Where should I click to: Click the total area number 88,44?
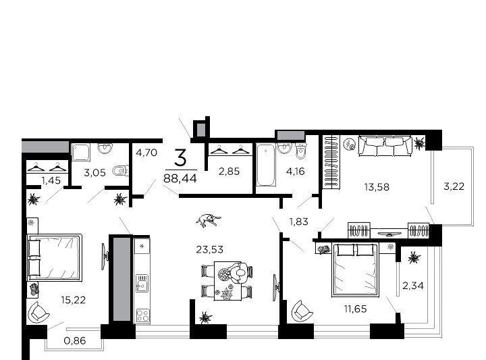(x=180, y=178)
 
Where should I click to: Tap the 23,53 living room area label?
(x=209, y=249)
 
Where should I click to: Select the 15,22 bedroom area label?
(x=73, y=300)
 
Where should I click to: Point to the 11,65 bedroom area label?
(x=355, y=309)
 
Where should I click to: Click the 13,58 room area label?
(x=377, y=187)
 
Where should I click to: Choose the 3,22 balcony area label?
(x=454, y=186)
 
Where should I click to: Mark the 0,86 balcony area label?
(x=75, y=341)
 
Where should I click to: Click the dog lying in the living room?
(x=209, y=220)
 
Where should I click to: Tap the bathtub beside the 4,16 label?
(x=266, y=165)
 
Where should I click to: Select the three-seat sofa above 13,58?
(x=385, y=146)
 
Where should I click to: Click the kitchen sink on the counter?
(x=142, y=283)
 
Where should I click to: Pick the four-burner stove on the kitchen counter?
(x=142, y=315)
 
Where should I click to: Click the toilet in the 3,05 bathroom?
(x=120, y=170)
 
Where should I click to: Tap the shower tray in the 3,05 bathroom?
(x=81, y=153)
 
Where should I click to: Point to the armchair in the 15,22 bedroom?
(x=38, y=312)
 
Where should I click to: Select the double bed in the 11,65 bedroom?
(x=355, y=269)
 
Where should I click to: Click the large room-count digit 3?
(x=180, y=157)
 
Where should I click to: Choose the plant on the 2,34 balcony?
(x=414, y=258)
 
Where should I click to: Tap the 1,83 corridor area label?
(x=299, y=222)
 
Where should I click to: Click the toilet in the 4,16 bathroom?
(x=300, y=151)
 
